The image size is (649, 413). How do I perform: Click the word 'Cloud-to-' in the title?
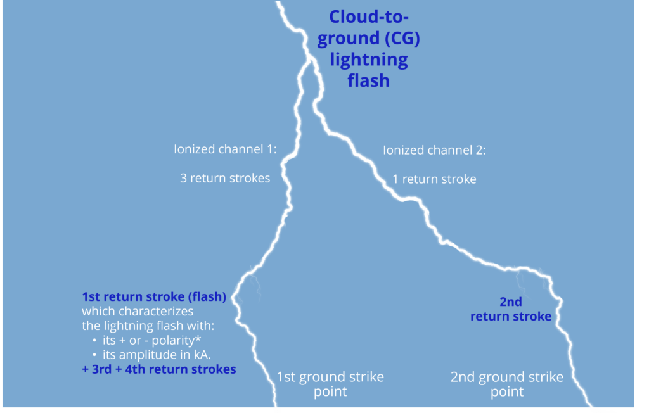tap(369, 17)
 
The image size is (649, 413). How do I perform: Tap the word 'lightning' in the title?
tap(369, 60)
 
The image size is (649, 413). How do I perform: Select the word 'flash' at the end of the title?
tap(369, 80)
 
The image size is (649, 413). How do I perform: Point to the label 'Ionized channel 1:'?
tap(225, 149)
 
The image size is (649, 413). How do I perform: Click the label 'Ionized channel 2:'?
tap(434, 149)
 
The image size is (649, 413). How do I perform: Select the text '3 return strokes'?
tap(225, 179)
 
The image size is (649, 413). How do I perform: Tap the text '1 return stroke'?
tap(434, 179)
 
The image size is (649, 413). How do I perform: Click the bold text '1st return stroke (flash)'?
tap(154, 296)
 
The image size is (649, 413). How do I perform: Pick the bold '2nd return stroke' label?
tap(511, 309)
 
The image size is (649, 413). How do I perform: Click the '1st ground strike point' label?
tap(330, 384)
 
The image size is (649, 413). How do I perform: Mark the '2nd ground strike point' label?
tap(507, 384)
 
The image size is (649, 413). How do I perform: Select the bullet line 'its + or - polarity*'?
tap(152, 340)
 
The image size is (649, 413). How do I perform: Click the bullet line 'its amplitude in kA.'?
tap(157, 355)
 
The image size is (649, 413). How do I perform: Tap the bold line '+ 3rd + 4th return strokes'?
tap(159, 369)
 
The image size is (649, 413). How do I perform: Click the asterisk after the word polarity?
tap(198, 338)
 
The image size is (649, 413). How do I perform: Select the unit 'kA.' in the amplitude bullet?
tap(202, 355)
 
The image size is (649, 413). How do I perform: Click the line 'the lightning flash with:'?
tap(148, 326)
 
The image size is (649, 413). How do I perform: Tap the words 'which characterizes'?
tap(138, 311)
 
